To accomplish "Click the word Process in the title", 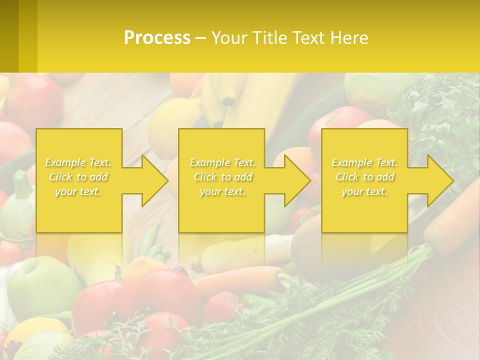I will [157, 38].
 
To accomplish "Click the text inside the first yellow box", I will [78, 177].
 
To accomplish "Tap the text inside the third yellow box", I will [364, 177].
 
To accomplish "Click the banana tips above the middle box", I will [225, 100].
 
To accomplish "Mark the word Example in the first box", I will [65, 162].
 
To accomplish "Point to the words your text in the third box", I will [364, 191].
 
